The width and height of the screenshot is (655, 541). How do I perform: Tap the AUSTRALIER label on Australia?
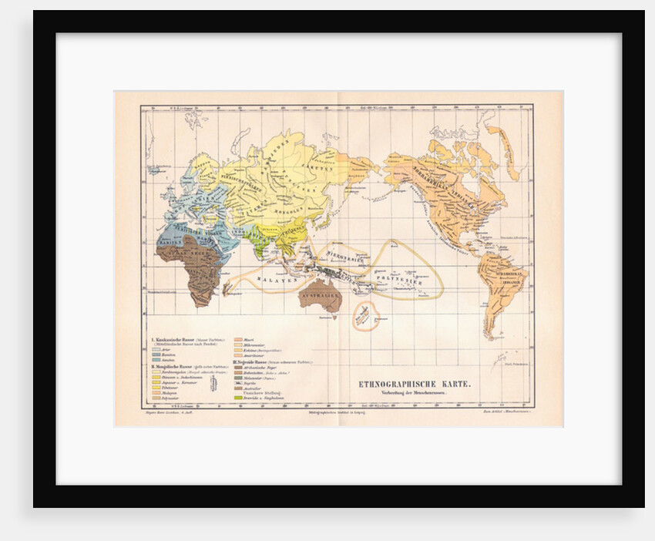tap(320, 294)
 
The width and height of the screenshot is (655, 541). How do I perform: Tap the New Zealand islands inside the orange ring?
tap(364, 315)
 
